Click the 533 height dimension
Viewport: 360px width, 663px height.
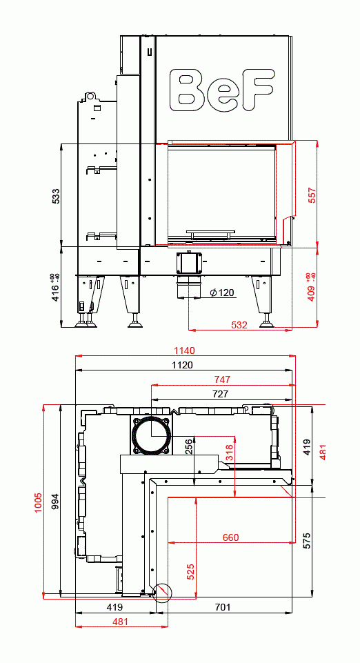point(56,196)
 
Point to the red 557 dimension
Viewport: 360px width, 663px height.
point(312,195)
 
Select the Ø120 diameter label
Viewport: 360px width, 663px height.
point(221,293)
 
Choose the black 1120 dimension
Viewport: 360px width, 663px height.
point(183,365)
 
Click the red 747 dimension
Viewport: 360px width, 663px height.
point(221,379)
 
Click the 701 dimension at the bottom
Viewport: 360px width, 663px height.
point(222,607)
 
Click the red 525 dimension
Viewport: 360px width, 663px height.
point(190,571)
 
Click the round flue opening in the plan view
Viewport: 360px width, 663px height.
point(152,437)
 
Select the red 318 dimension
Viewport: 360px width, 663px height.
point(230,453)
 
